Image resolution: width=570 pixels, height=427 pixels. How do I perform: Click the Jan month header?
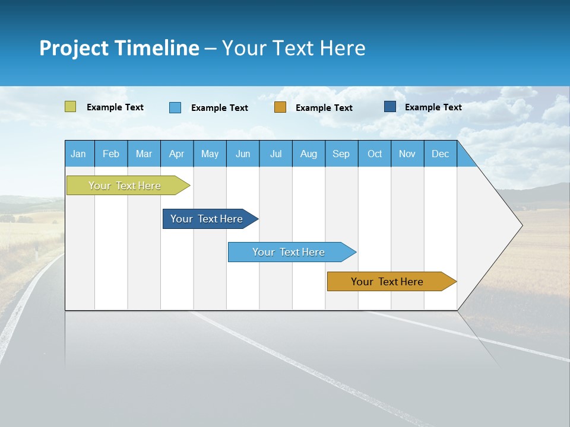click(78, 154)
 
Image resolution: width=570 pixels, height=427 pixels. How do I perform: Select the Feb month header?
click(111, 154)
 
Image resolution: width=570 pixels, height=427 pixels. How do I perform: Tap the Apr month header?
click(176, 154)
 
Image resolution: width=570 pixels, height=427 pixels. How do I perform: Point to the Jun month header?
click(243, 154)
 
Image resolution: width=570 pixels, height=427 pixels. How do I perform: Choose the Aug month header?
click(308, 154)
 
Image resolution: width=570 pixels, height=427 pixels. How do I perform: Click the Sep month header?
click(341, 154)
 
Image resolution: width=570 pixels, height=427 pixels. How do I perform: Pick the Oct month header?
click(375, 154)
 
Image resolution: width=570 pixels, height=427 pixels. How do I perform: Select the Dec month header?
click(440, 154)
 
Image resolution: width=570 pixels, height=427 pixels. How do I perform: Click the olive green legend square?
click(71, 107)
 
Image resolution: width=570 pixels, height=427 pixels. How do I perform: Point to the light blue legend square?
click(175, 107)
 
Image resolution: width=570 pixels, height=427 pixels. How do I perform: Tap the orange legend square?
click(280, 107)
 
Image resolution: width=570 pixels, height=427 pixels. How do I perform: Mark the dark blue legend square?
click(390, 107)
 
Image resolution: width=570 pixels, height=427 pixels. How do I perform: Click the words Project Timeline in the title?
click(119, 48)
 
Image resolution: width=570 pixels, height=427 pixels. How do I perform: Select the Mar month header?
click(144, 154)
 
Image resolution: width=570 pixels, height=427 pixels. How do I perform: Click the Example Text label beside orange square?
click(324, 108)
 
